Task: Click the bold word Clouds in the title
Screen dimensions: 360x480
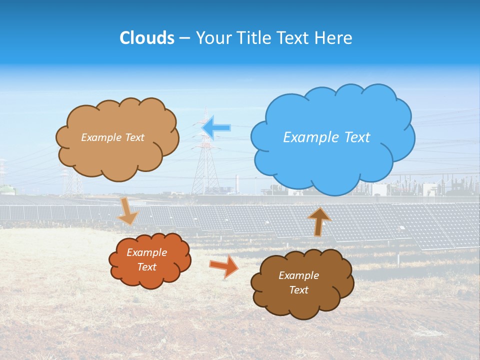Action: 146,37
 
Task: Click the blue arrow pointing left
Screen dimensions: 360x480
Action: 216,127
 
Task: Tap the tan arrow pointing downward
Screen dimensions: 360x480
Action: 128,211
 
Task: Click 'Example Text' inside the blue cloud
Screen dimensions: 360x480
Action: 326,137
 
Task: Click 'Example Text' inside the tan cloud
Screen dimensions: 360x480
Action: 112,137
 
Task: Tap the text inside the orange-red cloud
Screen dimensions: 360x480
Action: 146,259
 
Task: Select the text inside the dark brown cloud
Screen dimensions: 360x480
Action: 298,282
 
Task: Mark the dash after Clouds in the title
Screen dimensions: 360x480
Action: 184,38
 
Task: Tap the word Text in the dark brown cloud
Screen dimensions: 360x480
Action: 298,290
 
